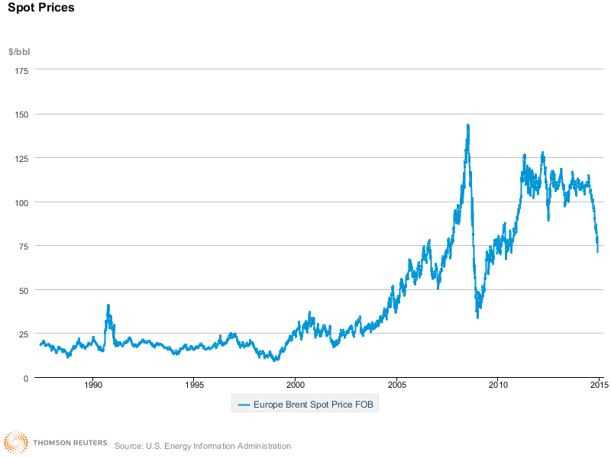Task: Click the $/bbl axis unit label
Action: click(19, 52)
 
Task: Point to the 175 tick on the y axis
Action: click(21, 70)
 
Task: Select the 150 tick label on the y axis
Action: click(21, 114)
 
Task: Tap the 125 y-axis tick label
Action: click(21, 158)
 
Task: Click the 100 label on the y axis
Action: click(21, 202)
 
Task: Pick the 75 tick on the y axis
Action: click(24, 246)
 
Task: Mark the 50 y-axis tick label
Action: click(24, 290)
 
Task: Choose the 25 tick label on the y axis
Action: click(24, 334)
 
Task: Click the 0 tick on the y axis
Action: click(26, 378)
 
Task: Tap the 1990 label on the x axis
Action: click(93, 386)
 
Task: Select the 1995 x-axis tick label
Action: click(194, 386)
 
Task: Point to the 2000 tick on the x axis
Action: click(296, 386)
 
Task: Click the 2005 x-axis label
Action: click(396, 386)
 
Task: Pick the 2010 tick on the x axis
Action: click(498, 386)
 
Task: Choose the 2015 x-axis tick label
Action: click(599, 386)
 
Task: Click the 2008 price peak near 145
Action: click(467, 125)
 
